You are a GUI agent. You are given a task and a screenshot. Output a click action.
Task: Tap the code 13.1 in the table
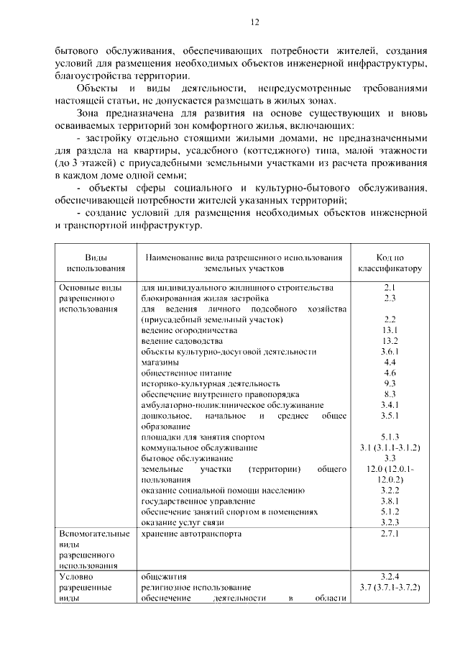[x=390, y=329]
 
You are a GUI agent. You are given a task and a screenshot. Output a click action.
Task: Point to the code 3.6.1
[x=390, y=351]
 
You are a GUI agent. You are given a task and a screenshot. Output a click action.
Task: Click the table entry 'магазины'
[x=160, y=362]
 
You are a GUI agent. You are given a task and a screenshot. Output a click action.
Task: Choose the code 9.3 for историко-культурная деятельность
[x=390, y=383]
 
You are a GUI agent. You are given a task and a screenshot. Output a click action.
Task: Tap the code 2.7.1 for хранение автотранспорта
[x=390, y=534]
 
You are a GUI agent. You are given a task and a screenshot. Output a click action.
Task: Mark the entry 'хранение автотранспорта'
[x=191, y=534]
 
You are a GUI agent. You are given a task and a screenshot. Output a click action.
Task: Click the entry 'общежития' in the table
[x=164, y=577]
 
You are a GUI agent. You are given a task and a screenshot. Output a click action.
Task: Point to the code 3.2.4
[x=390, y=577]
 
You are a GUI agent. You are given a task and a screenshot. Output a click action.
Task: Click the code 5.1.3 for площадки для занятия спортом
[x=390, y=437]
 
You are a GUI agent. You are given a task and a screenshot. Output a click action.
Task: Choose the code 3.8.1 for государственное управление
[x=390, y=501]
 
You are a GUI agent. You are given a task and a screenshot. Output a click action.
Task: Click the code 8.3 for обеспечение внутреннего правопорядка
[x=390, y=394]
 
